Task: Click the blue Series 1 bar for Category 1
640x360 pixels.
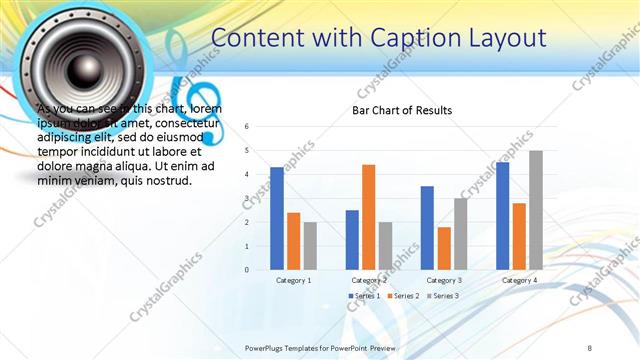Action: (277, 218)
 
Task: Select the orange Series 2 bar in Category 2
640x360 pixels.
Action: (369, 217)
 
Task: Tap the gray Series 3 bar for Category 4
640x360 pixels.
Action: (536, 210)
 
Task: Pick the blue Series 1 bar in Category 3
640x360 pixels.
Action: (428, 228)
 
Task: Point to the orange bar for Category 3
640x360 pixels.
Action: (444, 248)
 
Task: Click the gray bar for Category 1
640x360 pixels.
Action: (310, 246)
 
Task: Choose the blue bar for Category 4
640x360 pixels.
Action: (503, 216)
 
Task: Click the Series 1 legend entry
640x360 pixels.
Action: (364, 296)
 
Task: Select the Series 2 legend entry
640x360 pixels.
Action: (402, 296)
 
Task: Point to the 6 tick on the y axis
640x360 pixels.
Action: (246, 127)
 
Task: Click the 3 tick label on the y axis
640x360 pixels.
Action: (246, 198)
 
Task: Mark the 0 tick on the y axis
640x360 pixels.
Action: (246, 269)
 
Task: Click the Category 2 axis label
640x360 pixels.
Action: (369, 281)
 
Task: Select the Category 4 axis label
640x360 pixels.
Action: (519, 281)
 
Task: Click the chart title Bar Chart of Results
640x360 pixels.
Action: (401, 110)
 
